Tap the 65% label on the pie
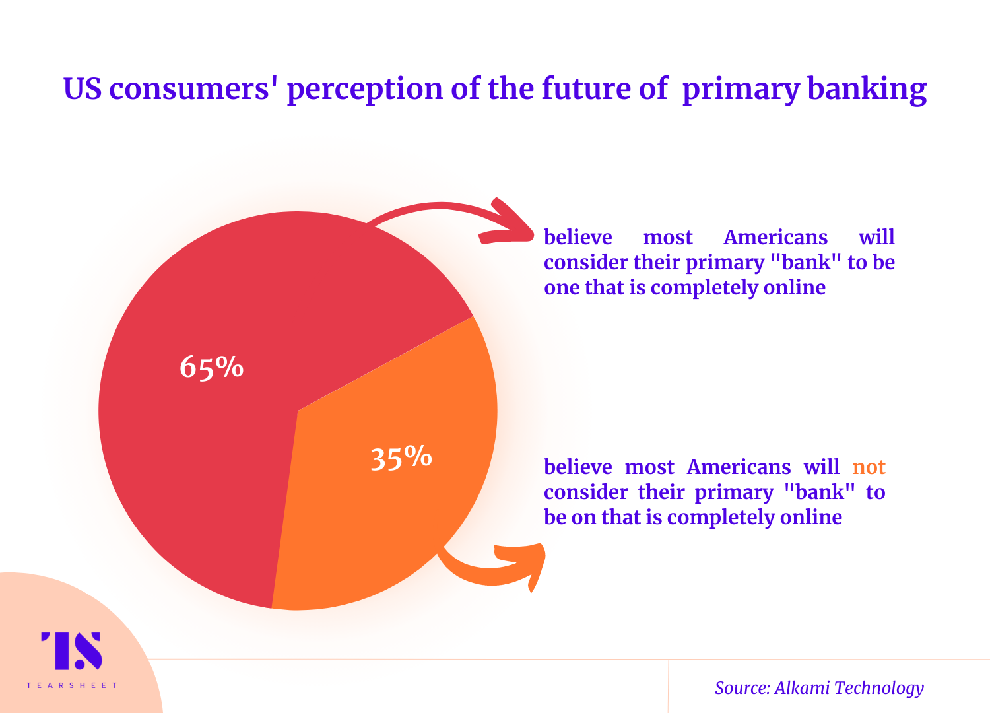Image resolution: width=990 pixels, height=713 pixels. coord(212,367)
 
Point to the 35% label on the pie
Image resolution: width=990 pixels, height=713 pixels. coord(401,458)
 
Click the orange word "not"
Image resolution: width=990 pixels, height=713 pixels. coord(869,467)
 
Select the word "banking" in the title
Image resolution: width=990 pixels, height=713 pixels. coord(867,89)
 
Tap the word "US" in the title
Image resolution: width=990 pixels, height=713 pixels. coord(82,88)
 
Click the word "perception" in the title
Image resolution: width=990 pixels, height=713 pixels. coord(364,90)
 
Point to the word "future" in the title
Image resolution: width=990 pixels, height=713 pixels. coord(586,88)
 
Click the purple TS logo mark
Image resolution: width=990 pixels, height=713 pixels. coord(71,651)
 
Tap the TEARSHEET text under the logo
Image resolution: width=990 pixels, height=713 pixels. coord(71,685)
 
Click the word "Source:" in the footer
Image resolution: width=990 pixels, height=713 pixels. coord(743,688)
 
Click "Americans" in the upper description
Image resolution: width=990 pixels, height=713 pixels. coord(775,237)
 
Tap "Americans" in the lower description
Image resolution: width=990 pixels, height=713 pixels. coord(739,467)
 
